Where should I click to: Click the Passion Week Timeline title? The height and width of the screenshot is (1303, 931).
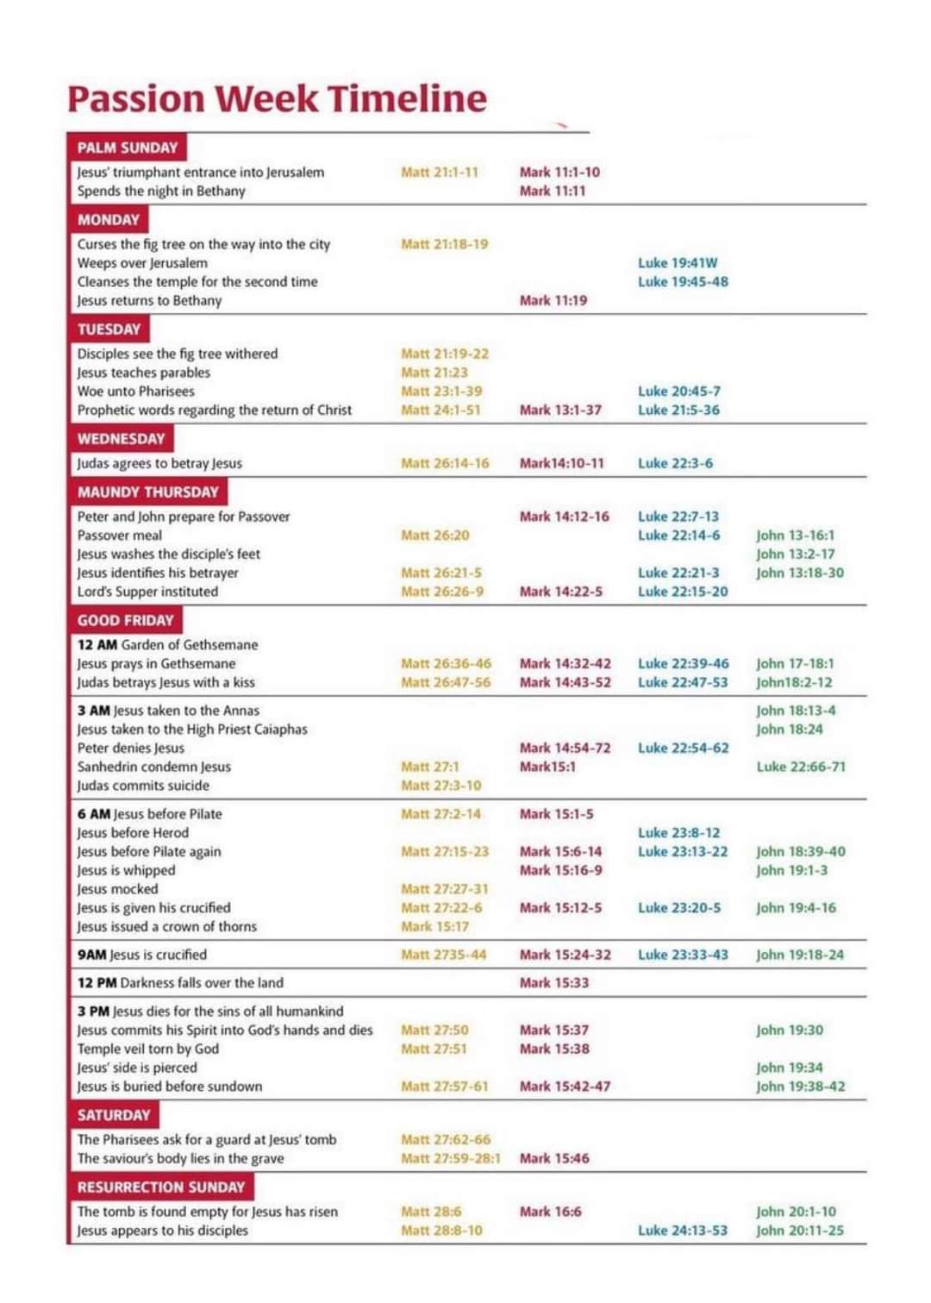pyautogui.click(x=277, y=98)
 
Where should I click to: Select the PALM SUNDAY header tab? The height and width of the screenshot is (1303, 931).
pyautogui.click(x=127, y=147)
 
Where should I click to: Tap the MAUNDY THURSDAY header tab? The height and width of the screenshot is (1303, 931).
pyautogui.click(x=147, y=492)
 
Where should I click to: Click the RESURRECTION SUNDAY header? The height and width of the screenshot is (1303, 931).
pyautogui.click(x=160, y=1187)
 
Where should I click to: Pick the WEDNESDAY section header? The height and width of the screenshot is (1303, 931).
pyautogui.click(x=121, y=438)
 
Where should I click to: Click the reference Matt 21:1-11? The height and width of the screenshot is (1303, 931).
pyautogui.click(x=439, y=172)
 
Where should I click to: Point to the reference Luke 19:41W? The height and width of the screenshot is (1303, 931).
pyautogui.click(x=678, y=263)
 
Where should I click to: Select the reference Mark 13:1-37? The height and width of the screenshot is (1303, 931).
pyautogui.click(x=560, y=410)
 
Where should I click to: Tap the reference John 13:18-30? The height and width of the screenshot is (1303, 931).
pyautogui.click(x=800, y=573)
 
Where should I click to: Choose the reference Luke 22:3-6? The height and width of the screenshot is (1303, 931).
pyautogui.click(x=675, y=463)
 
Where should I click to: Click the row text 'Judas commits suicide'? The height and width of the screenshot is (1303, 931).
pyautogui.click(x=143, y=786)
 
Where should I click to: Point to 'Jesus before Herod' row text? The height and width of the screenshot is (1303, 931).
pyautogui.click(x=133, y=833)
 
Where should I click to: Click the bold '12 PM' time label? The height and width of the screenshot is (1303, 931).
pyautogui.click(x=97, y=983)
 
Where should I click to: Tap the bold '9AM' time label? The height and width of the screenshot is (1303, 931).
pyautogui.click(x=91, y=955)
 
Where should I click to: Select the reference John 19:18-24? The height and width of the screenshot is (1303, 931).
pyautogui.click(x=800, y=955)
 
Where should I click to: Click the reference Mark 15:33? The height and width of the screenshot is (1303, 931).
pyautogui.click(x=553, y=983)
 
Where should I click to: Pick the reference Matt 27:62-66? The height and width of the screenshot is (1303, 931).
pyautogui.click(x=445, y=1139)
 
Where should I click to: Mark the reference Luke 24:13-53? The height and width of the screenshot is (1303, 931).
pyautogui.click(x=682, y=1231)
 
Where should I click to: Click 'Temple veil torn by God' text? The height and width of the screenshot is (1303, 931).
pyautogui.click(x=147, y=1049)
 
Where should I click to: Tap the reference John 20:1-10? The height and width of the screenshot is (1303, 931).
pyautogui.click(x=796, y=1212)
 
